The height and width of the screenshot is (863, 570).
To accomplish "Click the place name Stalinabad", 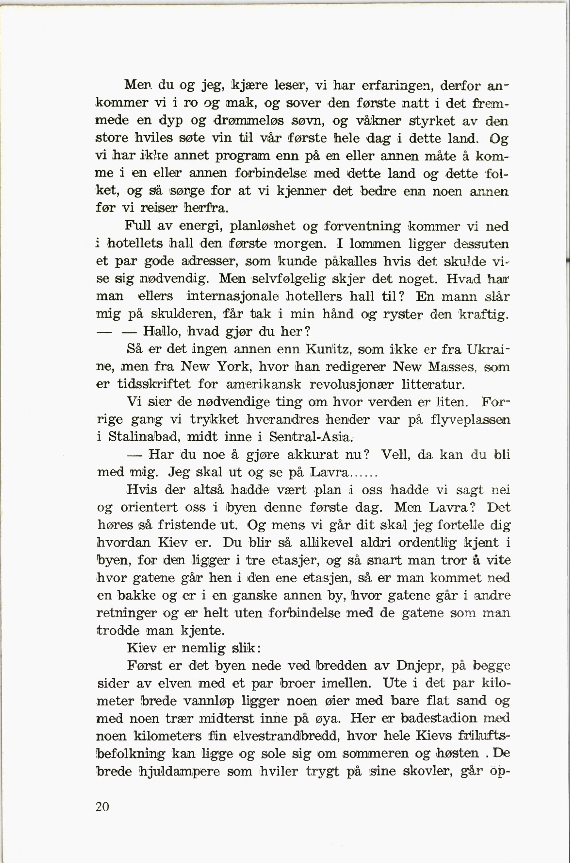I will (144, 437).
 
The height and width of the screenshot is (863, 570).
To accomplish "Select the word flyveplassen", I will (470, 420).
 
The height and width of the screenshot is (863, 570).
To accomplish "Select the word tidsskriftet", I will (153, 384).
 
